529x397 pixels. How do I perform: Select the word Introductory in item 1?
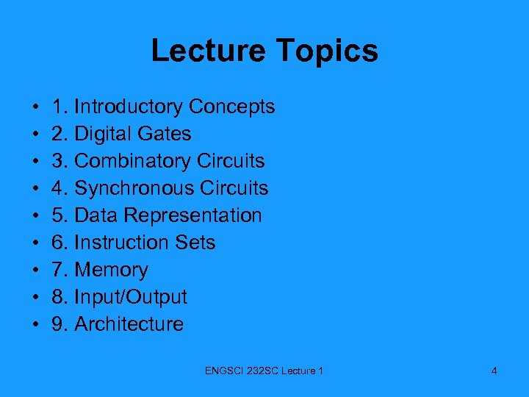point(129,107)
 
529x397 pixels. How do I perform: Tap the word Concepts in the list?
point(231,107)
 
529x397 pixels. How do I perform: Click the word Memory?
point(111,270)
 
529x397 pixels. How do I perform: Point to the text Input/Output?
point(131,297)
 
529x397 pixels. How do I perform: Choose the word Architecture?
point(129,324)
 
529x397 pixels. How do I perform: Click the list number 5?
point(57,215)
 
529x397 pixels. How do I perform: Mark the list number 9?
point(57,324)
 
